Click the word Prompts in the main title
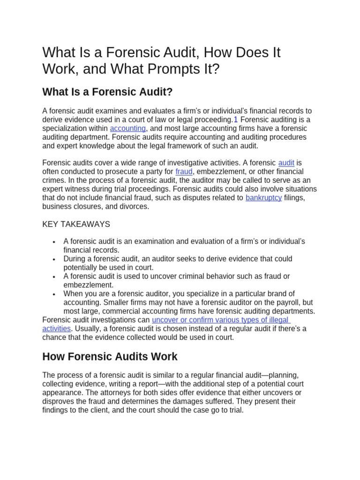point(171,69)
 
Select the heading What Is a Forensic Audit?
point(107,92)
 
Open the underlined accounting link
point(128,128)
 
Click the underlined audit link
point(286,163)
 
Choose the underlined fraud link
point(184,172)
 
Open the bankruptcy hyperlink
point(263,198)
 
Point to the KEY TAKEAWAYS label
point(76,224)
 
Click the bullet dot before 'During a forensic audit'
point(54,259)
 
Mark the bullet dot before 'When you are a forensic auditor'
point(54,294)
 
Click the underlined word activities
point(56,329)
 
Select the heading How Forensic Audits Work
point(110,356)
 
